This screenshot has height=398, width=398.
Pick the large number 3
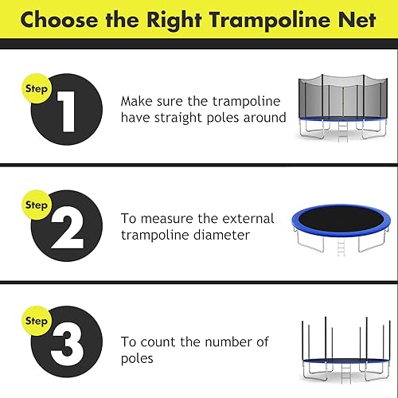pyautogui.click(x=67, y=343)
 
